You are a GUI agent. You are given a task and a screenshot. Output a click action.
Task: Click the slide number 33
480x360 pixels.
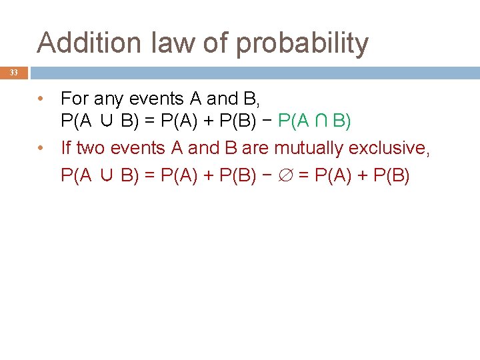pyautogui.click(x=14, y=73)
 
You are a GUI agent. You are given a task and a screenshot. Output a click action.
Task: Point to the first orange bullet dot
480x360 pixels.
pyautogui.click(x=41, y=99)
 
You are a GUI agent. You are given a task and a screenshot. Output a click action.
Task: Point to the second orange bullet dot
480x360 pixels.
pyautogui.click(x=41, y=147)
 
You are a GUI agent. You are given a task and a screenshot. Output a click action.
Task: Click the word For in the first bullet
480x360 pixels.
pyautogui.click(x=75, y=99)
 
